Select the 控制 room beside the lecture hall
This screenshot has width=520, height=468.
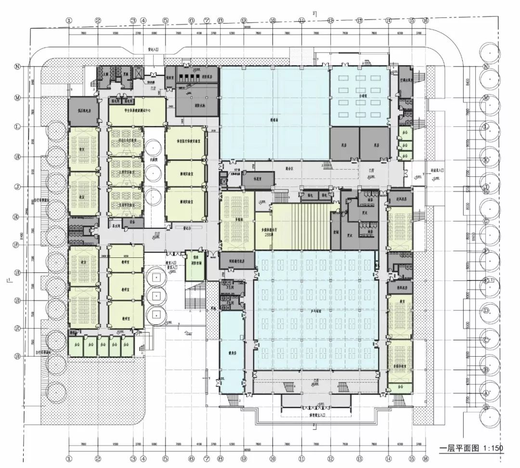coord(335,231)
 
